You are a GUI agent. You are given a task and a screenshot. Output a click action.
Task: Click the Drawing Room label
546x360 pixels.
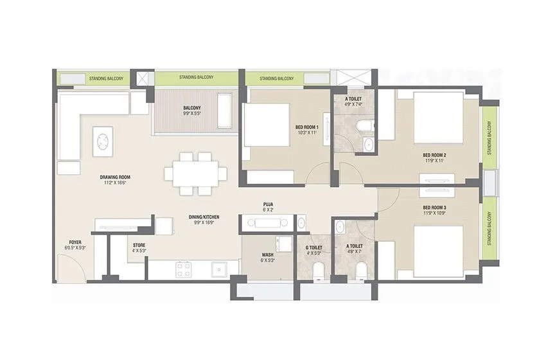click(116, 177)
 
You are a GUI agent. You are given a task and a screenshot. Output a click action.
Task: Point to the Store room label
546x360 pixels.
click(139, 245)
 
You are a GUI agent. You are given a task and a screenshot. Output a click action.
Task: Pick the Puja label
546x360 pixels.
click(268, 205)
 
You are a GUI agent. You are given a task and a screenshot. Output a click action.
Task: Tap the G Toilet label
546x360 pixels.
click(315, 245)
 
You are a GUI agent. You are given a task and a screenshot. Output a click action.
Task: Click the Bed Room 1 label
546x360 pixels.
click(306, 127)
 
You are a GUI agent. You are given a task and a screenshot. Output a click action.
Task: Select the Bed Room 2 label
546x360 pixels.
click(434, 155)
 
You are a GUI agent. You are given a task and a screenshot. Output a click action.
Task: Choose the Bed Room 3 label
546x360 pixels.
click(434, 207)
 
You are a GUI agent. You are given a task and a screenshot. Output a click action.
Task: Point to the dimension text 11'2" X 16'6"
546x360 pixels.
click(116, 183)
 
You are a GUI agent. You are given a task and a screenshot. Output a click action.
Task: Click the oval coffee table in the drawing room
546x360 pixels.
click(103, 141)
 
